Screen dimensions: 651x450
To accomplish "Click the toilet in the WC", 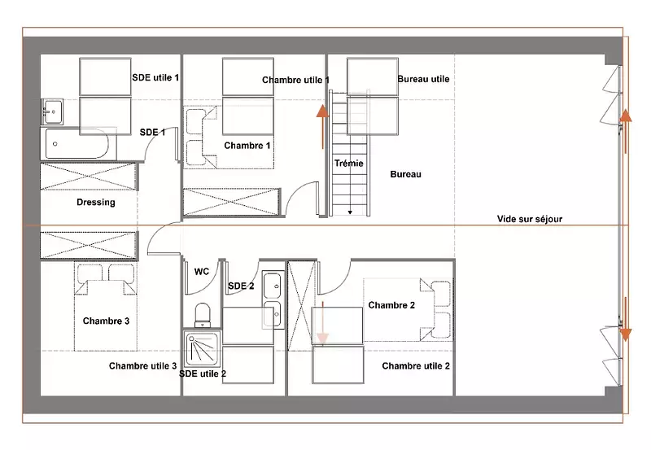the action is [x=203, y=315].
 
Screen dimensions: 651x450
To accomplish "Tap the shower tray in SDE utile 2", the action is [x=201, y=349].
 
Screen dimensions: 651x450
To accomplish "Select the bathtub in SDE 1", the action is [x=77, y=144].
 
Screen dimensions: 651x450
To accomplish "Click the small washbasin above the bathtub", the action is [x=52, y=111].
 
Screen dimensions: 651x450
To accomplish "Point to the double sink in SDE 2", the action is [x=273, y=299].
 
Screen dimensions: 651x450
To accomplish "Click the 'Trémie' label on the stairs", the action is [x=349, y=163].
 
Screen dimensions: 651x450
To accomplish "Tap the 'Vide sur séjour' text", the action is [x=530, y=219].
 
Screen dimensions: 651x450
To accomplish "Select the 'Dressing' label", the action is [x=96, y=202].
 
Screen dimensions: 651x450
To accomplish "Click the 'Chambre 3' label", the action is [x=106, y=321].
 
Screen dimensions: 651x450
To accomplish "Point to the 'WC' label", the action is [x=202, y=272].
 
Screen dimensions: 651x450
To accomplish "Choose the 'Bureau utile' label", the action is [x=423, y=79].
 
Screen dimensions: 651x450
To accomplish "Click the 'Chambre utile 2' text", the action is [x=416, y=365].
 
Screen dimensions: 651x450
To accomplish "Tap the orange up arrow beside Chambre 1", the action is [x=322, y=127].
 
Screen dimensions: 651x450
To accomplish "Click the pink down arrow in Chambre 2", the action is [x=322, y=323].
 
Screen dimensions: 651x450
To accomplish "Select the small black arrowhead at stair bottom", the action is [x=350, y=212].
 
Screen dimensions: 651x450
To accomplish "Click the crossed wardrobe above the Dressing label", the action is [x=88, y=177].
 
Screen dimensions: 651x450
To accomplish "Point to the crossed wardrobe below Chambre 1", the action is [x=231, y=202].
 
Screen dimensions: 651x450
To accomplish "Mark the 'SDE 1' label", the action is [x=152, y=133].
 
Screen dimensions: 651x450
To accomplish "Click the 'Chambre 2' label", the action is [x=391, y=305].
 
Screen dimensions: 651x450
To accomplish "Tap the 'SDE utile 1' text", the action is [x=155, y=77].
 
